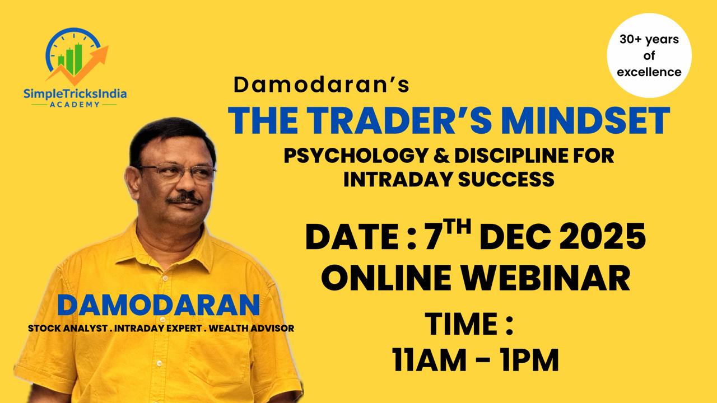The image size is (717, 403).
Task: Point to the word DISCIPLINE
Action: (x=514, y=156)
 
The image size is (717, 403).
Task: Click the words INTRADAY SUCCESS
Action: (x=449, y=179)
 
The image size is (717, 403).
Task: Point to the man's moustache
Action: (x=184, y=197)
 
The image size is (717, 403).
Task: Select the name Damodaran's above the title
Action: (x=322, y=85)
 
